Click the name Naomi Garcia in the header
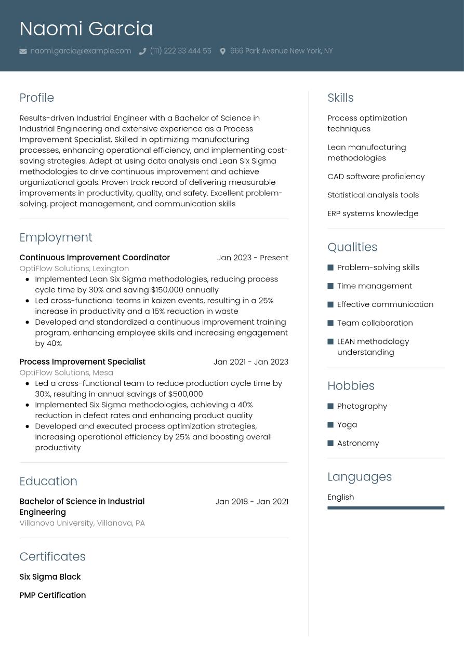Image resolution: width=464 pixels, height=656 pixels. tap(86, 29)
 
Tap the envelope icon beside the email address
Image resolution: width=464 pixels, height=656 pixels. tap(23, 51)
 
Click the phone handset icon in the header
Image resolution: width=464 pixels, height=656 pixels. tap(142, 51)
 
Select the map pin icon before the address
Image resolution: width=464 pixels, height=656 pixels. tap(222, 51)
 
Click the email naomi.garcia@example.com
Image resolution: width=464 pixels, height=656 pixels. tap(81, 51)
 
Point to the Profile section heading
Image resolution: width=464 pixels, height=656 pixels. tap(36, 98)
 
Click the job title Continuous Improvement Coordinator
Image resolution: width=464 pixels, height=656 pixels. tap(95, 258)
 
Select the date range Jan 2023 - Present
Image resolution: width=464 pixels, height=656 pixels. tap(253, 258)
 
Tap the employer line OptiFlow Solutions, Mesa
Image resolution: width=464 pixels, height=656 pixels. tap(66, 372)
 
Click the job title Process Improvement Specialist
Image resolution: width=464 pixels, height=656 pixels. tap(82, 362)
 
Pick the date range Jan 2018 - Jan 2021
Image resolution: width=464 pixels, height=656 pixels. tap(251, 501)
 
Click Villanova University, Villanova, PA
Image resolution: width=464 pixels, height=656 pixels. tap(82, 523)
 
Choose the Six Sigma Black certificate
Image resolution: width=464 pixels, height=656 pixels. tap(50, 577)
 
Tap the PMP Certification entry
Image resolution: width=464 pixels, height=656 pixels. tap(52, 595)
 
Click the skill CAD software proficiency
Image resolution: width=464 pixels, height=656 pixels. tap(376, 176)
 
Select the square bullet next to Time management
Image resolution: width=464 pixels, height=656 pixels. tap(330, 286)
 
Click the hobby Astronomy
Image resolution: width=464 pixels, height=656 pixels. tap(358, 443)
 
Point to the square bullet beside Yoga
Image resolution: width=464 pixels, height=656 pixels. tap(330, 425)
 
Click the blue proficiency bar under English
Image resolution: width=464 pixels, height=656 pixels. tap(386, 508)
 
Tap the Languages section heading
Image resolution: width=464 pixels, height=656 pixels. tap(360, 476)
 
